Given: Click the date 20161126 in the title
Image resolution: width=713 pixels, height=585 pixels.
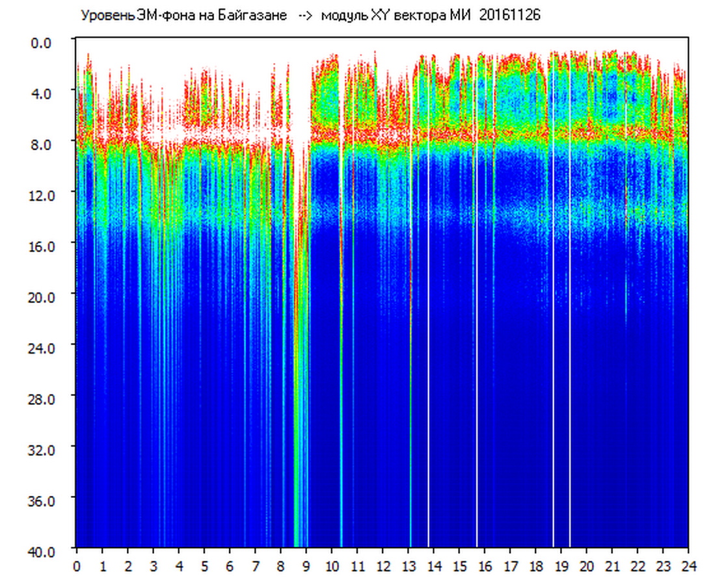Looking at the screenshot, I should [x=509, y=15].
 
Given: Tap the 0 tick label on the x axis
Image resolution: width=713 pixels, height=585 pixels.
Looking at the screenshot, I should [x=77, y=566].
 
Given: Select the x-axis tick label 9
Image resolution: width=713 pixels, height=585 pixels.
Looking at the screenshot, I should [x=306, y=566].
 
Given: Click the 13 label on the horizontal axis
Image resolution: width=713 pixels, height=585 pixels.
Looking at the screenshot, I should [x=409, y=566].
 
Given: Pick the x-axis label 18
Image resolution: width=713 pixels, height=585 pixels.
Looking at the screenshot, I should [x=536, y=566].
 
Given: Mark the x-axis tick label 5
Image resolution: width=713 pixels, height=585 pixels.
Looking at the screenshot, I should [x=204, y=566].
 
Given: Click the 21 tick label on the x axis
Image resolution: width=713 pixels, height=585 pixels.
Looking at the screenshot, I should [x=612, y=566].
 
